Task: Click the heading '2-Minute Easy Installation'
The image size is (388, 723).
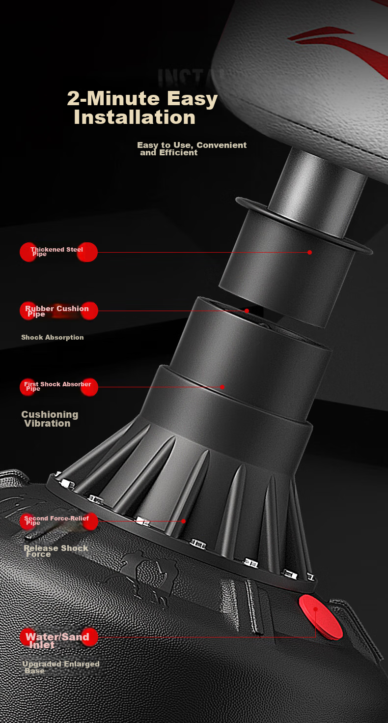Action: (142, 107)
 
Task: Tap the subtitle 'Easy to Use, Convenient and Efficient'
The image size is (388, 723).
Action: (192, 149)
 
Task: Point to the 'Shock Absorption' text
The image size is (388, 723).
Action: (53, 337)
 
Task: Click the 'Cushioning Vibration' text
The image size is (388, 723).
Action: (50, 419)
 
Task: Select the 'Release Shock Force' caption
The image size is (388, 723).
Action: (56, 551)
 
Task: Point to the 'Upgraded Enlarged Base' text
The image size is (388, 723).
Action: (60, 667)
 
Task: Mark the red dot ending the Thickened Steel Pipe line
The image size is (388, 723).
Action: (309, 253)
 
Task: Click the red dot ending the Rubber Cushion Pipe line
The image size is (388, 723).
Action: (247, 311)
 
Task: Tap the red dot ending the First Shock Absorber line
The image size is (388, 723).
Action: (222, 387)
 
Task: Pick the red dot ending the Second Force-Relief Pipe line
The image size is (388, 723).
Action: (184, 521)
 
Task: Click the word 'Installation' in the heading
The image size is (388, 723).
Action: (135, 117)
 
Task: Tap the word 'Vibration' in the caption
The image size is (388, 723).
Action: (48, 424)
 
